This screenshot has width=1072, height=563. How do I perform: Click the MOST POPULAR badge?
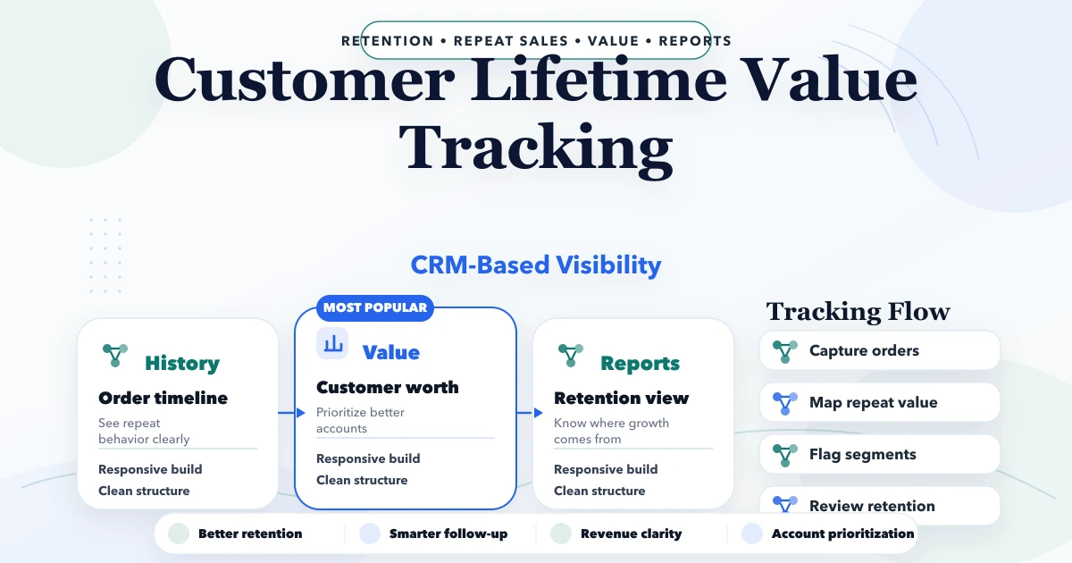point(374,307)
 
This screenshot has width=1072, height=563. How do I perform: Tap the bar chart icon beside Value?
point(332,343)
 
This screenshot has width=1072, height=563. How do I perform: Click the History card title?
point(182,364)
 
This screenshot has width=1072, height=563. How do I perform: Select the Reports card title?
point(640,364)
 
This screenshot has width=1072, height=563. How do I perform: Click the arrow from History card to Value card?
point(291,413)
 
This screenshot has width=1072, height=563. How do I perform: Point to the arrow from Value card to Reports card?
point(530,413)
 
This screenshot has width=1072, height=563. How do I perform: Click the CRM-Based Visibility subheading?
point(536,265)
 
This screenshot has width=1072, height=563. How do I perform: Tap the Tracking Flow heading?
point(858,312)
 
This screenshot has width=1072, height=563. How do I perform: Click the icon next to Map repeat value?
point(785,403)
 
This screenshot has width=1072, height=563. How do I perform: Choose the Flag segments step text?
point(862,454)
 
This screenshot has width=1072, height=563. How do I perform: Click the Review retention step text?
point(872,506)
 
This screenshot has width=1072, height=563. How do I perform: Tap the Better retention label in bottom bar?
point(250,534)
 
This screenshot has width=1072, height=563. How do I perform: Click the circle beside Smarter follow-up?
point(370,534)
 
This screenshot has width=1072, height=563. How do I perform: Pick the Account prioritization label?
point(842,534)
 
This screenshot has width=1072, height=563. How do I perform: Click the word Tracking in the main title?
point(536,148)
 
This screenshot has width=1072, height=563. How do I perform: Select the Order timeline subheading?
point(163,398)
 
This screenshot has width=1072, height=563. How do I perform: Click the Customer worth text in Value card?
point(388,387)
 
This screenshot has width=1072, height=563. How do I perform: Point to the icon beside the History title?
point(115,356)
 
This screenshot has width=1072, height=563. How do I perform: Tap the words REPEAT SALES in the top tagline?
point(511,41)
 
